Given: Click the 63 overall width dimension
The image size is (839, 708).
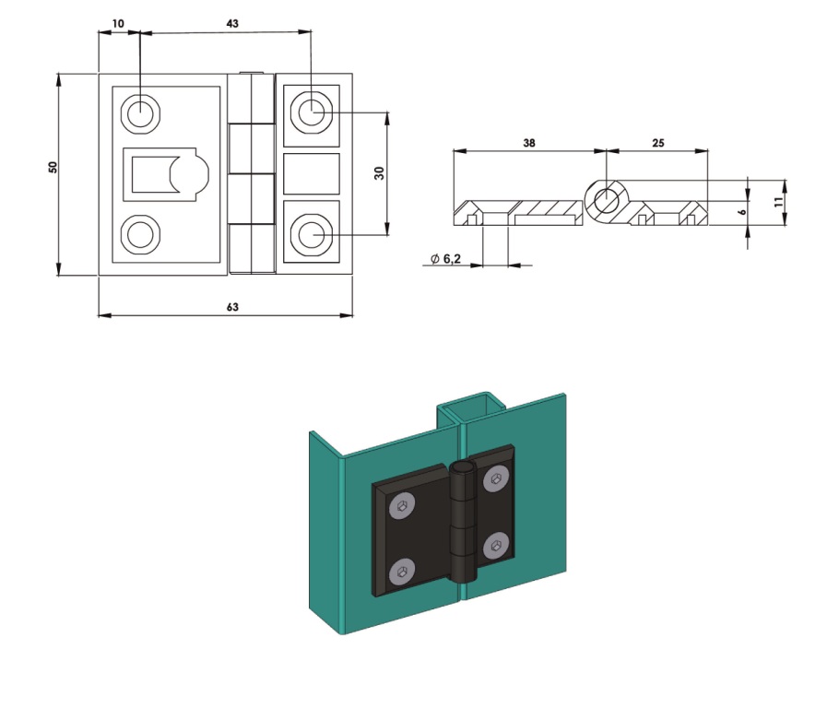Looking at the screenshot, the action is point(232,307).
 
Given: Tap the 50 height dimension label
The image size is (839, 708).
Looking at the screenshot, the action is point(53,167).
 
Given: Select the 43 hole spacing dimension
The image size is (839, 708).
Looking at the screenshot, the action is point(232,24).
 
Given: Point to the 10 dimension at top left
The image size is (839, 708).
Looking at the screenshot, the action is point(118,24).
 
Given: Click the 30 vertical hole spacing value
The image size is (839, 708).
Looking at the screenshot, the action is point(379,173).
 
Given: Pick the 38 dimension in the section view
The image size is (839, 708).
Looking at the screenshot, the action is point(528,143).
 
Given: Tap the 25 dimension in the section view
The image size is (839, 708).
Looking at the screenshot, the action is point(658,143).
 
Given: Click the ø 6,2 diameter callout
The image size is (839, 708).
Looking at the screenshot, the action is point(445,259).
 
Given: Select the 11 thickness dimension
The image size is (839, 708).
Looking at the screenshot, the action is point(778,202).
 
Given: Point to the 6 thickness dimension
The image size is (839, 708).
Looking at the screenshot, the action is point(742,212).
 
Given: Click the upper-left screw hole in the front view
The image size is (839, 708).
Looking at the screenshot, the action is point(140,113).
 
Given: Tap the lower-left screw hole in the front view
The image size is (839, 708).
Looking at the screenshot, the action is point(140,234).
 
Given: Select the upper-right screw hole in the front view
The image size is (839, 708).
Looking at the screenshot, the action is point(311,112).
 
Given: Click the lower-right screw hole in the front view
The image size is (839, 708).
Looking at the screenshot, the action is point(311,234).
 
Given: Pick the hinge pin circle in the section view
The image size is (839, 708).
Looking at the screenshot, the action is point(606,201).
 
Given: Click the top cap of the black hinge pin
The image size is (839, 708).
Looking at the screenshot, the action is point(462,469).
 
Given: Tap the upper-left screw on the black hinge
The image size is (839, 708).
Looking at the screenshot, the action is point(403,505).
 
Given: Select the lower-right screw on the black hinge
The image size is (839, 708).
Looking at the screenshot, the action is point(495,547).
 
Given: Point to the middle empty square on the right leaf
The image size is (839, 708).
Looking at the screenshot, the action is point(312,174).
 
